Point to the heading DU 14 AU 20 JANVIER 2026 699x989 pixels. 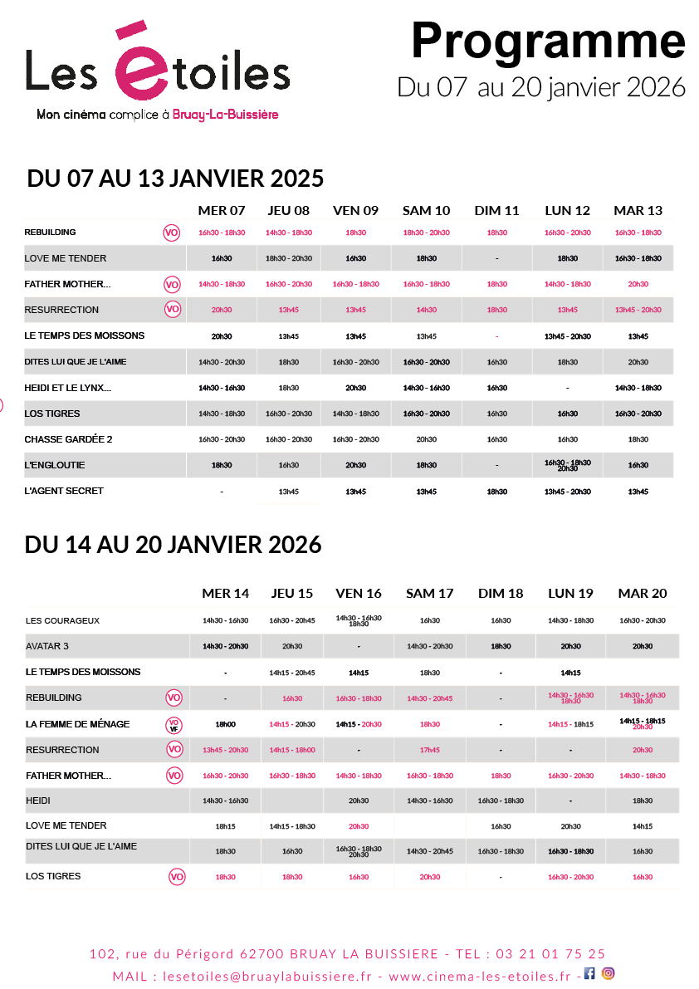[174, 545]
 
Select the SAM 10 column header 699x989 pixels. [426, 210]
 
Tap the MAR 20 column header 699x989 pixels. [642, 593]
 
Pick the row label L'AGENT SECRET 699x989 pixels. [64, 491]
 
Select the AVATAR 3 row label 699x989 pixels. [47, 646]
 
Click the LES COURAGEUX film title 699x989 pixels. [62, 620]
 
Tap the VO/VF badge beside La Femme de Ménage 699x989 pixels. [174, 724]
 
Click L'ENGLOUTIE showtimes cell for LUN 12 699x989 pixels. [568, 465]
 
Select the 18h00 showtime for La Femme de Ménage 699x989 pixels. [225, 724]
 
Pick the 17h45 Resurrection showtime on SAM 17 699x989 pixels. [429, 750]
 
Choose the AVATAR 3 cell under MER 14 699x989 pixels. [225, 646]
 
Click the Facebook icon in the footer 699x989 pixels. [589, 974]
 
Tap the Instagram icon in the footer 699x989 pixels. [609, 974]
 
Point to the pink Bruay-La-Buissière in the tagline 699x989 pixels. [225, 115]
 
